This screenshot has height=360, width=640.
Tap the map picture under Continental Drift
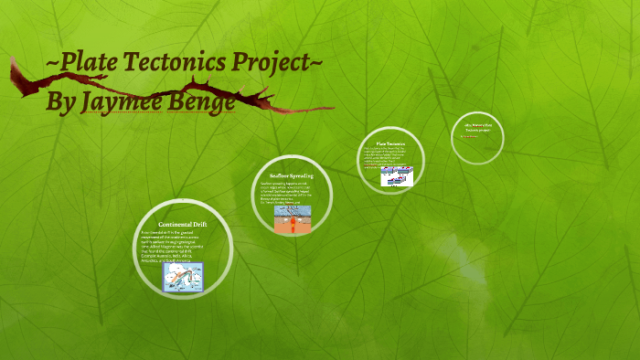pyautogui.click(x=183, y=277)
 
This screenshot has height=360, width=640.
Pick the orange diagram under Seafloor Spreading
pyautogui.click(x=293, y=218)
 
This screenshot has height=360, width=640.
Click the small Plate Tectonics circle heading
pyautogui.click(x=390, y=144)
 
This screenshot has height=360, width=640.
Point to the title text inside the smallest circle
pyautogui.click(x=478, y=128)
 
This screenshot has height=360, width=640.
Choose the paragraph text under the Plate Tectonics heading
pyautogui.click(x=389, y=158)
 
